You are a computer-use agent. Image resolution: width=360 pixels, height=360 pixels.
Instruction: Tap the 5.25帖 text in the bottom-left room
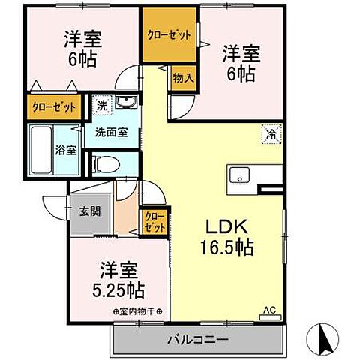[x=118, y=289]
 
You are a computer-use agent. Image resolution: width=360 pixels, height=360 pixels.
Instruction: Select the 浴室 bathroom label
[x=65, y=149]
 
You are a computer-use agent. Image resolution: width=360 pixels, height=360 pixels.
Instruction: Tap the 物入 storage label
[x=183, y=77]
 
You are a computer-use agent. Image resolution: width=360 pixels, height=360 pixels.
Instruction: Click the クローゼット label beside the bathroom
[x=54, y=106]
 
